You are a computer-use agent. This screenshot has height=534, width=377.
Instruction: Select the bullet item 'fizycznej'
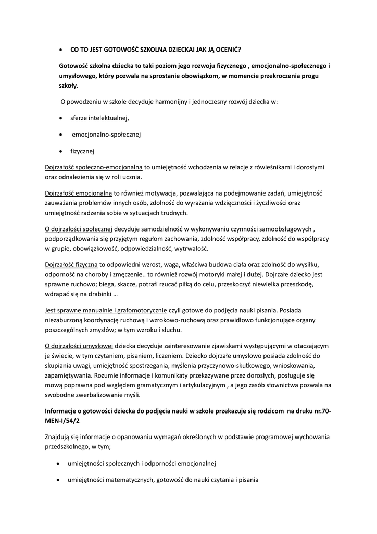pos(82,151)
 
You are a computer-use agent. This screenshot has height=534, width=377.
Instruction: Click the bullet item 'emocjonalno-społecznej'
pos(106,135)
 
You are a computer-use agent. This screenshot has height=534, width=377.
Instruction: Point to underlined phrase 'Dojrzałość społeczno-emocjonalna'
pos(94,167)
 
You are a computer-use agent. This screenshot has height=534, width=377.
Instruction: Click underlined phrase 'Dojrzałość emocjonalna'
pos(79,193)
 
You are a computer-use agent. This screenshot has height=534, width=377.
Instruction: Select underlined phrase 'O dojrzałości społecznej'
pos(79,228)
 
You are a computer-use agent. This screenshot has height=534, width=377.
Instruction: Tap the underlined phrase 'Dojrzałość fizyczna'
pos(71,264)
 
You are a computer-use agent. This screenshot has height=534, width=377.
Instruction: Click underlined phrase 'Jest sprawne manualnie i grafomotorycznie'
pos(106,310)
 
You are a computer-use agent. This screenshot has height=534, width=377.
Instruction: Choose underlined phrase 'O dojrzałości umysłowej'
pos(79,345)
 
